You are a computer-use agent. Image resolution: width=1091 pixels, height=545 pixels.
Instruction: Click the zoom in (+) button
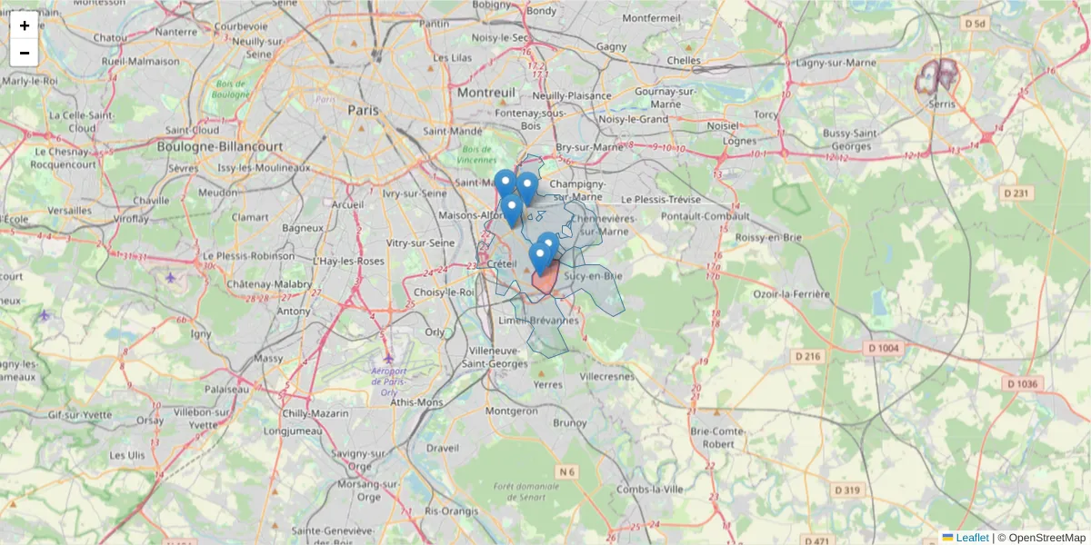click(25, 25)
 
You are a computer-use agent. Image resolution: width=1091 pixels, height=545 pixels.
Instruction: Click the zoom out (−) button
click(25, 53)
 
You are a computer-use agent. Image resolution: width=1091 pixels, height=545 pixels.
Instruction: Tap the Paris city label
click(363, 110)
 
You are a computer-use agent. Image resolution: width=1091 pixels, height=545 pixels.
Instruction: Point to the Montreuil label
click(486, 93)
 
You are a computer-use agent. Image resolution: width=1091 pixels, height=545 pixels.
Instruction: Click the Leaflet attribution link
click(972, 538)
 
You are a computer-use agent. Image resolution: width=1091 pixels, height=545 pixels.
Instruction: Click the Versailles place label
click(69, 211)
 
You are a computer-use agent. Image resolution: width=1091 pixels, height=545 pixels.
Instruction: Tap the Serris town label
click(943, 104)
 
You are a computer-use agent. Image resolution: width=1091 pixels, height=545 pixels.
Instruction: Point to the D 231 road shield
click(1018, 193)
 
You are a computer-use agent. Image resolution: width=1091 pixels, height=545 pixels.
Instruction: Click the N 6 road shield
click(567, 471)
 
